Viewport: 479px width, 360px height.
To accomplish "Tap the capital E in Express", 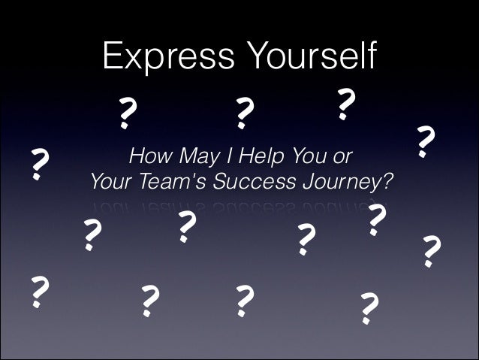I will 111,57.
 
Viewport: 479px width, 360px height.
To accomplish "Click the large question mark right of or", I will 425,142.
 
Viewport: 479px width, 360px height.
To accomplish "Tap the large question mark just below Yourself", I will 344,104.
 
